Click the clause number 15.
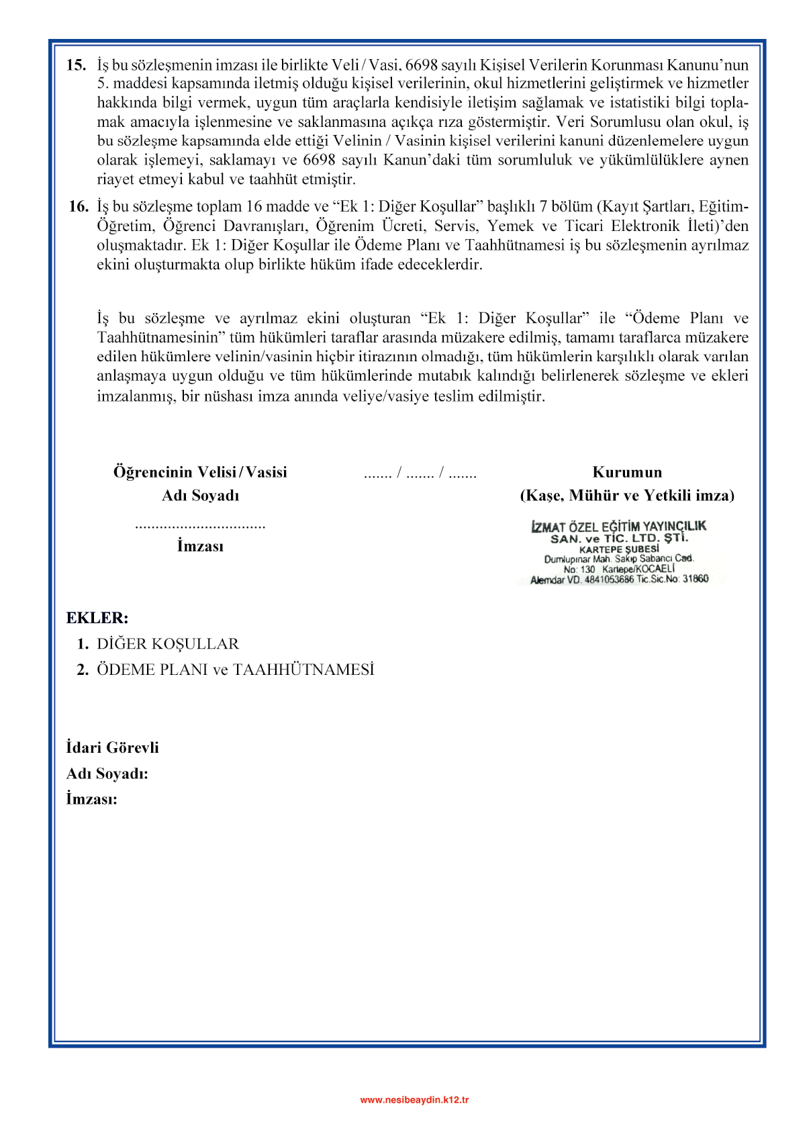[x=76, y=65]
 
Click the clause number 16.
[x=78, y=206]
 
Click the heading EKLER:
[x=97, y=618]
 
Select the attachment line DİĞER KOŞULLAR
[x=168, y=644]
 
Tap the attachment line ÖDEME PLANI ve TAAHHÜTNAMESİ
[x=235, y=670]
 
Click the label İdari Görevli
[x=112, y=747]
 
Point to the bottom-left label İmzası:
[x=91, y=799]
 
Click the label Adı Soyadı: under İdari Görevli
[x=107, y=774]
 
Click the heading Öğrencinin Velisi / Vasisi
[x=200, y=472]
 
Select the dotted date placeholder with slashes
[x=420, y=473]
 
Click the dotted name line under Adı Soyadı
[x=200, y=526]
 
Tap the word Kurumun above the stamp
[x=627, y=472]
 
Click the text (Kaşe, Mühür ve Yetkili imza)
[x=627, y=496]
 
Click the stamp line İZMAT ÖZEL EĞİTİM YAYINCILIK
[x=618, y=526]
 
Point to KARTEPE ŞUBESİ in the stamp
[x=618, y=549]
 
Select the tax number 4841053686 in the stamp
[x=609, y=580]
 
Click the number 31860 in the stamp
[x=696, y=579]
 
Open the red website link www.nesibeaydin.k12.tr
[x=414, y=1099]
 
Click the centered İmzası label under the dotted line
[x=200, y=546]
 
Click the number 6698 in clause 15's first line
[x=422, y=65]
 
